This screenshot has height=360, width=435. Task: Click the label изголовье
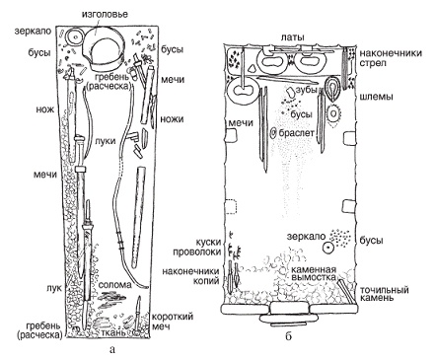pyautogui.click(x=100, y=15)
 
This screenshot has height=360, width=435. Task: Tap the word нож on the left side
pyautogui.click(x=45, y=109)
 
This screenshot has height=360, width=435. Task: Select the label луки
pyautogui.click(x=105, y=141)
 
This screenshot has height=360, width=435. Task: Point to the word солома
pyautogui.click(x=114, y=285)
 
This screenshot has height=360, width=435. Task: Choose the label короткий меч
pyautogui.click(x=172, y=322)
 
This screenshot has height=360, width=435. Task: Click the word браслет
pyautogui.click(x=296, y=133)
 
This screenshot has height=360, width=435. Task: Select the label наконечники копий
pyautogui.click(x=190, y=276)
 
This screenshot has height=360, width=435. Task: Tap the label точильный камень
pyautogui.click(x=385, y=294)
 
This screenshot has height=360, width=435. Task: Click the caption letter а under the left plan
pyautogui.click(x=112, y=350)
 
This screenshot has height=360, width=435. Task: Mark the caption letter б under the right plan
pyautogui.click(x=288, y=336)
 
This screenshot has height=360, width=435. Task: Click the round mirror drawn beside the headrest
pyautogui.click(x=76, y=37)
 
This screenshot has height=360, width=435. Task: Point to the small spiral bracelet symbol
pyautogui.click(x=273, y=133)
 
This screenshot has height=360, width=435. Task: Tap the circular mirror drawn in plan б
pyautogui.click(x=328, y=248)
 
